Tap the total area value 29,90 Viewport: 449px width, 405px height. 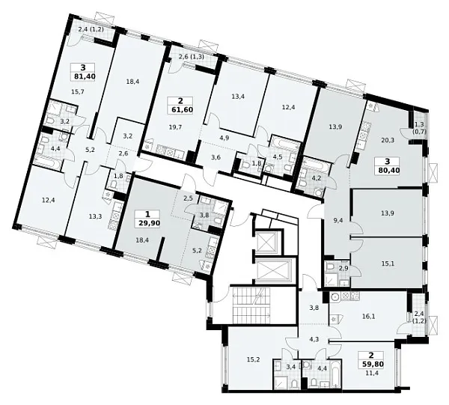(147, 223)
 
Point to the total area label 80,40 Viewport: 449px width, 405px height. (388, 170)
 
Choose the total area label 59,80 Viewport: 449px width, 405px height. (372, 364)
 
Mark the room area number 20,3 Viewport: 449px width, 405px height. (387, 140)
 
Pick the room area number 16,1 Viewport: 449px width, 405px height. (366, 316)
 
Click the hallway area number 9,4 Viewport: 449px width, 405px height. (335, 219)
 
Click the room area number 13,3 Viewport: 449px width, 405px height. (95, 216)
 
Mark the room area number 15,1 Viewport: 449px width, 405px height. (388, 264)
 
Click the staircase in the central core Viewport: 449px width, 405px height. (251, 305)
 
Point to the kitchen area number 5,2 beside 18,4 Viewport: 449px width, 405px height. (196, 251)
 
